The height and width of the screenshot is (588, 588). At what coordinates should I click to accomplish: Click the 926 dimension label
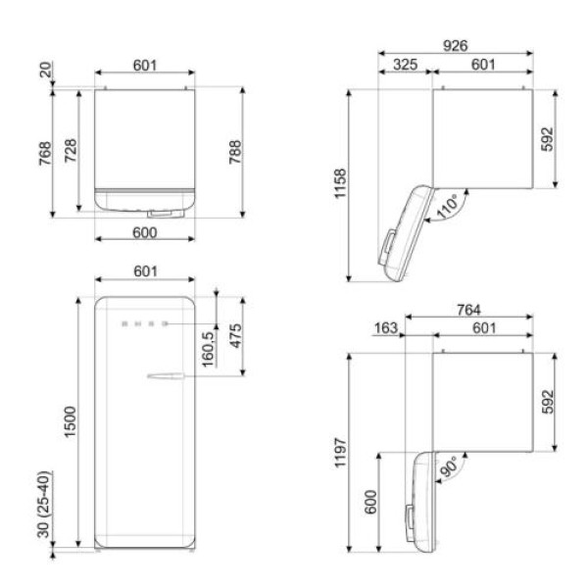coord(456,45)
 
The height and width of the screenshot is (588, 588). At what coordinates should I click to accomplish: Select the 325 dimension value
coord(405,65)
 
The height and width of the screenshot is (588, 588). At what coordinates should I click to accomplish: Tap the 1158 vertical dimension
coord(340,183)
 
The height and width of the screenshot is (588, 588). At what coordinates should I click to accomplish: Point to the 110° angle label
coord(448,206)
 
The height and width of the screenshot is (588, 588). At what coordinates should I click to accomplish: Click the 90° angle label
coord(449,466)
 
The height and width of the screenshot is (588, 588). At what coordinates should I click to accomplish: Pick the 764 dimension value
coord(468,310)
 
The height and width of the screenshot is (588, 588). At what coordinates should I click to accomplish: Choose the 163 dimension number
coord(386,328)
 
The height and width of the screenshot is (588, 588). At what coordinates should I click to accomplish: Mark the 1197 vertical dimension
coord(340,452)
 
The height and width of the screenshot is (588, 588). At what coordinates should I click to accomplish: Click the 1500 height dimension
coord(71,421)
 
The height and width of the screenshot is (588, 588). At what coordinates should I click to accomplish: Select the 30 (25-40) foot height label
coord(44,505)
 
